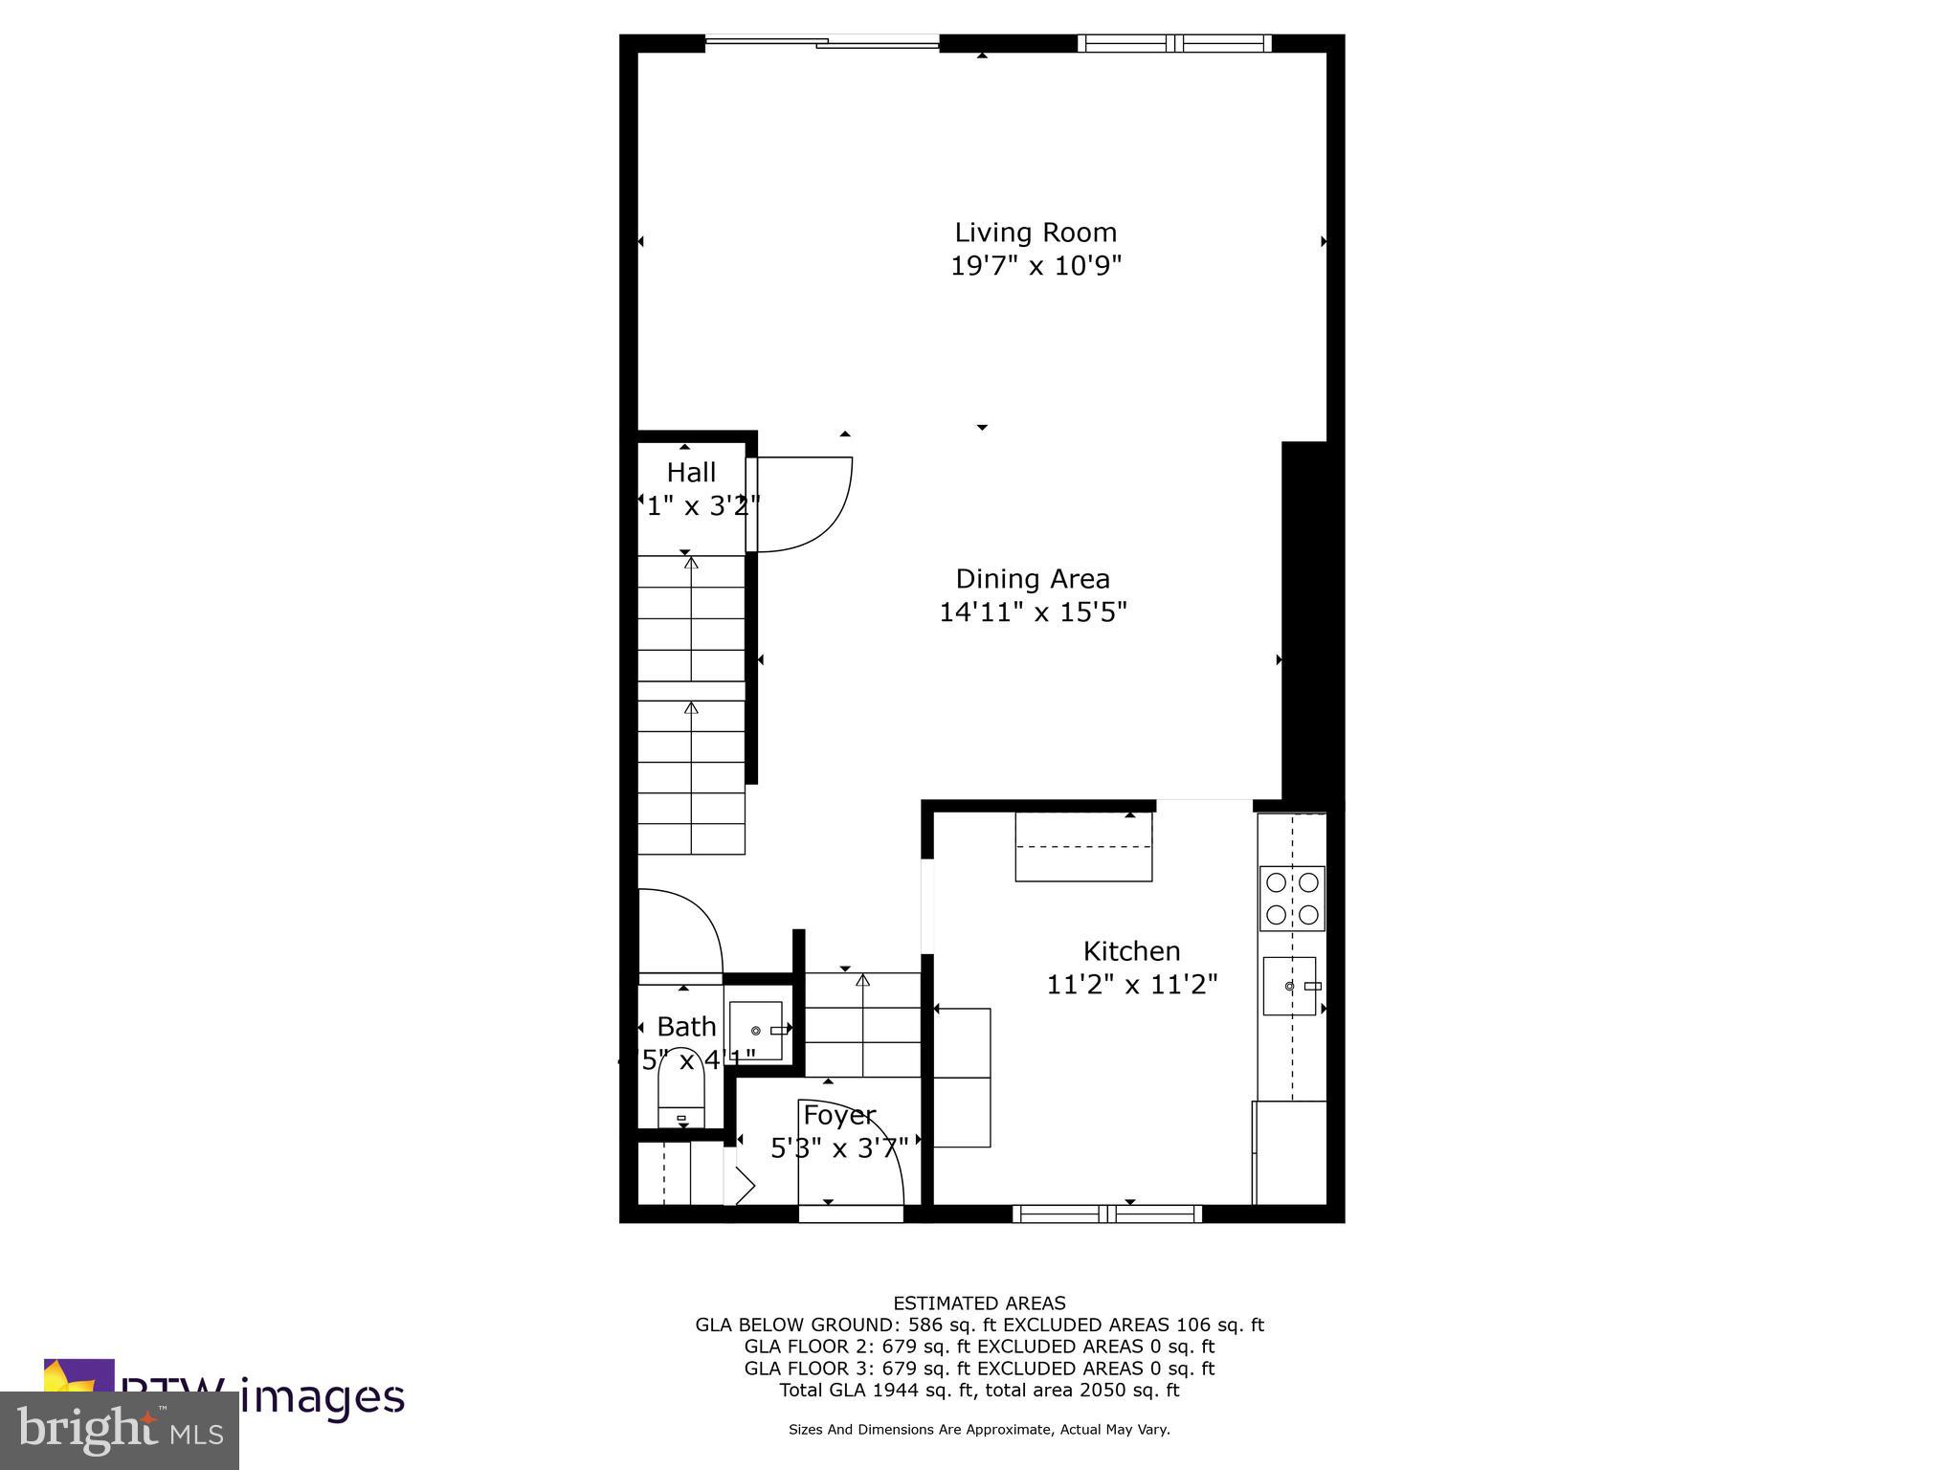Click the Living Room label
coord(1035,233)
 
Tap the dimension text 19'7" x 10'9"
coord(1035,265)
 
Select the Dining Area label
coord(1033,579)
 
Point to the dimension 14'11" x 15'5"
coord(1033,612)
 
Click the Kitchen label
coord(1131,951)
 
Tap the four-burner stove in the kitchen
coord(1291,898)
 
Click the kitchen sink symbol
coord(1289,986)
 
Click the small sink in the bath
coord(756,1031)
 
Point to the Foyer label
coord(838,1115)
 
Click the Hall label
coord(691,473)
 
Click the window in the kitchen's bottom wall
coord(1107,1214)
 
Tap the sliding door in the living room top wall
coord(821,41)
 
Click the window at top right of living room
coord(1174,43)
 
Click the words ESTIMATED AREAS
coord(979,1303)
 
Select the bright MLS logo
coord(119,1430)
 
